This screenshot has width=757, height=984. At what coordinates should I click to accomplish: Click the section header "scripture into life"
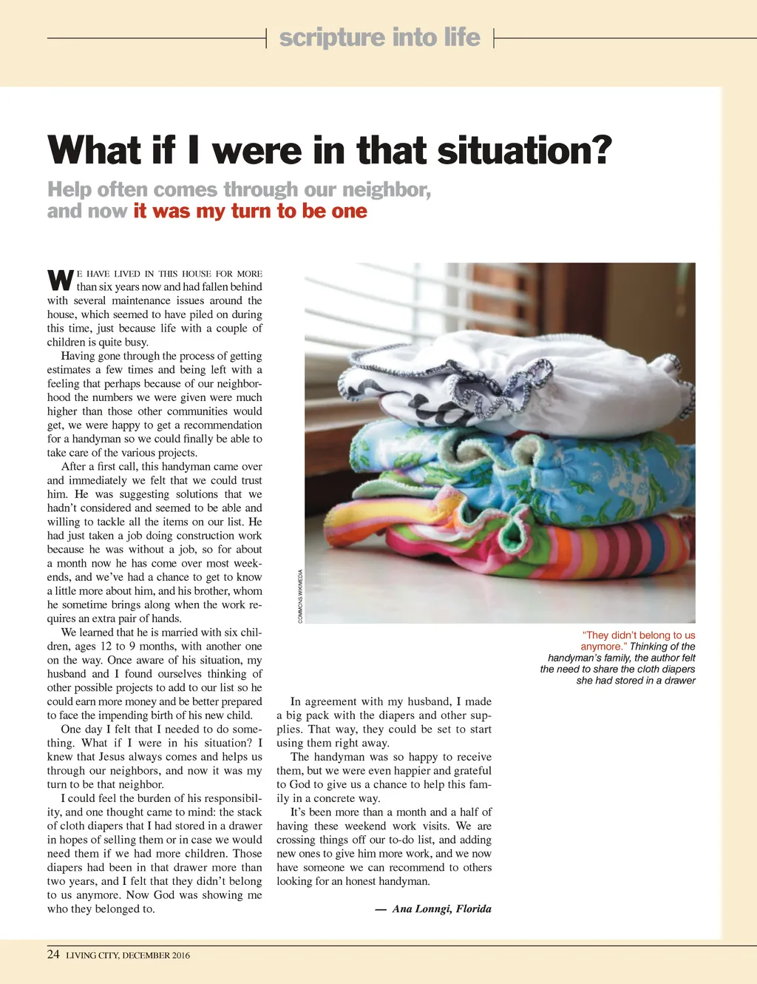pyautogui.click(x=379, y=37)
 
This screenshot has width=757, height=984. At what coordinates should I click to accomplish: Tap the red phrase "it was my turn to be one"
pyautogui.click(x=250, y=211)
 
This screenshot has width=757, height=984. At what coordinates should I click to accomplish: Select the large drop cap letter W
pyautogui.click(x=60, y=280)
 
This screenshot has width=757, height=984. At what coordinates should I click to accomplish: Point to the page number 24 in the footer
pyautogui.click(x=53, y=954)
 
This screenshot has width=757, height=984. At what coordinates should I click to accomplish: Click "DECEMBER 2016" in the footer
pyautogui.click(x=156, y=955)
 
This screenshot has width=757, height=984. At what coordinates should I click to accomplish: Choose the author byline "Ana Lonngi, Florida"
pyautogui.click(x=441, y=909)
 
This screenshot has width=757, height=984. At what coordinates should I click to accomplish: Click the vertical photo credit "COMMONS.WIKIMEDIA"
pyautogui.click(x=300, y=596)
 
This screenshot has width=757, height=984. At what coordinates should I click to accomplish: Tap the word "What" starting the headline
pyautogui.click(x=95, y=150)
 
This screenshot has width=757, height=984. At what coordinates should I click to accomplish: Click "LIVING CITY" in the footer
pyautogui.click(x=92, y=955)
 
